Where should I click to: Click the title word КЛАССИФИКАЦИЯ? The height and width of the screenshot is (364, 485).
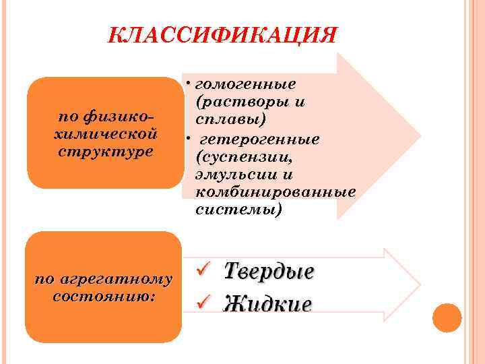click(x=222, y=35)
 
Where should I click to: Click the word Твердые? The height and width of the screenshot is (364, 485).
click(x=269, y=272)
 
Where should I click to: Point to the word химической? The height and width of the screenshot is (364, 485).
click(x=104, y=133)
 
